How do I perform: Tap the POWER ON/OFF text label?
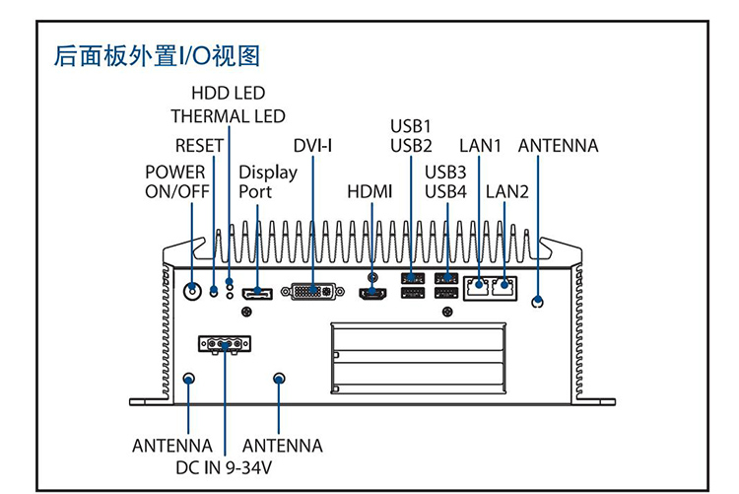pyautogui.click(x=176, y=182)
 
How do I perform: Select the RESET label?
pyautogui.click(x=199, y=146)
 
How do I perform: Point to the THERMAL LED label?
pyautogui.click(x=228, y=116)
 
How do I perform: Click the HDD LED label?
pyautogui.click(x=228, y=94)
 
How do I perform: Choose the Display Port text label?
pyautogui.click(x=267, y=182)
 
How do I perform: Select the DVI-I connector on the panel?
pyautogui.click(x=312, y=292)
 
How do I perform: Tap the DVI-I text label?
pyautogui.click(x=312, y=146)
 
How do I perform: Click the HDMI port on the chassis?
pyautogui.click(x=371, y=294)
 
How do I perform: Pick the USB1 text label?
pyautogui.click(x=411, y=126)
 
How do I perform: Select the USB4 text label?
pyautogui.click(x=445, y=191)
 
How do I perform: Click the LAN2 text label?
pyautogui.click(x=507, y=191)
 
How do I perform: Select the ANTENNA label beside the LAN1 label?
pyautogui.click(x=558, y=146)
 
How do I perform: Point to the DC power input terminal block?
pyautogui.click(x=225, y=344)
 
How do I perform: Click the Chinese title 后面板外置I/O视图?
pyautogui.click(x=157, y=55)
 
